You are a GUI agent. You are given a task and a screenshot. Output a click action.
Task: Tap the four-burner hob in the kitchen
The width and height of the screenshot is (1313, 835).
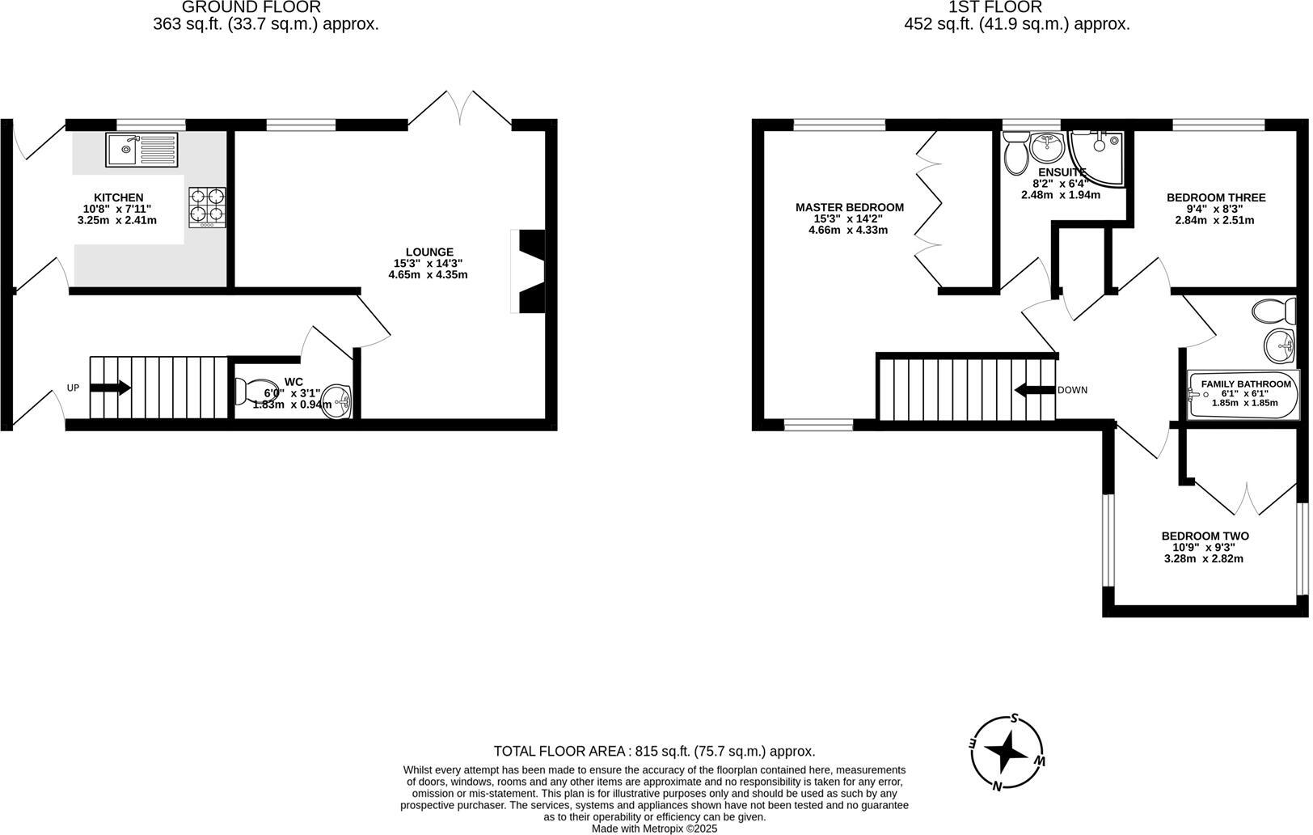coord(207,207)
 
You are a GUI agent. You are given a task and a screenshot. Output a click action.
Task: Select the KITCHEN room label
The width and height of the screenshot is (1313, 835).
coord(119,197)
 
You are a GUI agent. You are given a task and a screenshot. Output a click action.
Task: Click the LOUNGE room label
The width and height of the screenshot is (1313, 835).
coord(429,252)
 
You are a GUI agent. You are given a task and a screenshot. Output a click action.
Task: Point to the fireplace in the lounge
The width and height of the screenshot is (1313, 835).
coord(528,272)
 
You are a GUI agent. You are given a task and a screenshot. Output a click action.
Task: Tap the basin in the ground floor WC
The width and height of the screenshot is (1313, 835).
coord(337,401)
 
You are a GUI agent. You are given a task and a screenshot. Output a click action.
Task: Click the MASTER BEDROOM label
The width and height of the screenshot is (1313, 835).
coord(849,207)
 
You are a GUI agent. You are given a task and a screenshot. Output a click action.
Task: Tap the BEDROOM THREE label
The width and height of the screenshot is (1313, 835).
coord(1215,197)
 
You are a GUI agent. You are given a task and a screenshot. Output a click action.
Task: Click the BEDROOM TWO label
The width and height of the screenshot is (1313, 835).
coord(1205,536)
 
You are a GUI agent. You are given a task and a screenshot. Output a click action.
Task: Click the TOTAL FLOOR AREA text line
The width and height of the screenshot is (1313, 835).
coord(654,751)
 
